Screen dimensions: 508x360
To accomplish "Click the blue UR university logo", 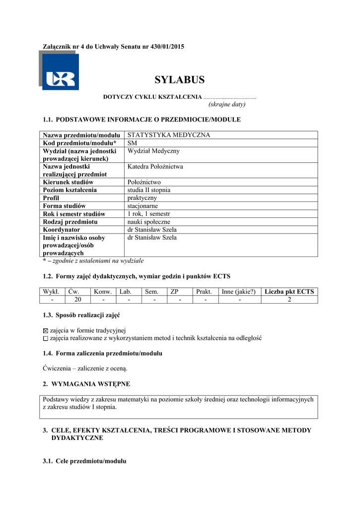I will pyautogui.click(x=60, y=72).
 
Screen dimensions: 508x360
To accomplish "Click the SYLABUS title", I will pyautogui.click(x=179, y=80).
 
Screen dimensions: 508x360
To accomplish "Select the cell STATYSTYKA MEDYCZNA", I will pyautogui.click(x=169, y=135).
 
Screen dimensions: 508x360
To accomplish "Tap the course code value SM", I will pyautogui.click(x=132, y=143).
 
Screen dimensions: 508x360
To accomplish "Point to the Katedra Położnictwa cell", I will pyautogui.click(x=155, y=167).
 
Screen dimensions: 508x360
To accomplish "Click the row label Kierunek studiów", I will pyautogui.click(x=68, y=182).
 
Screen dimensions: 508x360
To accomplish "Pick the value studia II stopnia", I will pyautogui.click(x=149, y=190).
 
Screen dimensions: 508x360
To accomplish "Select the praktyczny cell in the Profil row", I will pyautogui.click(x=142, y=198).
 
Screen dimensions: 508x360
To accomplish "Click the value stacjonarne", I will pyautogui.click(x=143, y=206).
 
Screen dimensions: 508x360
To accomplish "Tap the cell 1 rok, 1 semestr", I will pyautogui.click(x=149, y=214).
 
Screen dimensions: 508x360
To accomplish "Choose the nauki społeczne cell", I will pyautogui.click(x=148, y=222).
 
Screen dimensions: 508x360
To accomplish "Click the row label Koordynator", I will pyautogui.click(x=62, y=230).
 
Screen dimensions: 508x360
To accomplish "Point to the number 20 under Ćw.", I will pyautogui.click(x=77, y=299).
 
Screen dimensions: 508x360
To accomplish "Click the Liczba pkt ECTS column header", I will pyautogui.click(x=289, y=292).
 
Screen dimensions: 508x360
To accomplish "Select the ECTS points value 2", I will pyautogui.click(x=289, y=299).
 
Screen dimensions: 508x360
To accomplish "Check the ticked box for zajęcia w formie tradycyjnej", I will pyautogui.click(x=46, y=330).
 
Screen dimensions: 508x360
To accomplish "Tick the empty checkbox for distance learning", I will pyautogui.click(x=46, y=338).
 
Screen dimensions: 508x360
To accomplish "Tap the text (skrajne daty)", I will pyautogui.click(x=226, y=105).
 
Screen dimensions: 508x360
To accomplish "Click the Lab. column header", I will pyautogui.click(x=125, y=292).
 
